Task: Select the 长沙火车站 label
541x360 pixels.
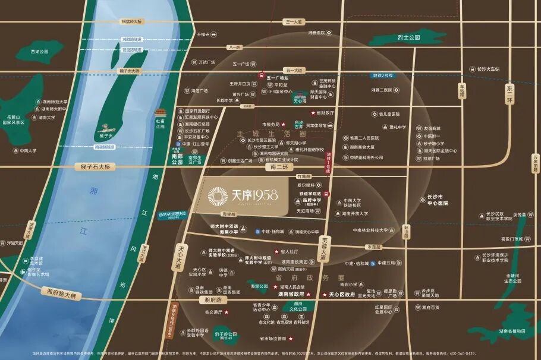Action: coord(488,69)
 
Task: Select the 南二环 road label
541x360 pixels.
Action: coord(278,168)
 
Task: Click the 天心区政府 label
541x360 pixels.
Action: coord(341,294)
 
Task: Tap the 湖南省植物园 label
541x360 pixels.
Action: coord(512,331)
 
